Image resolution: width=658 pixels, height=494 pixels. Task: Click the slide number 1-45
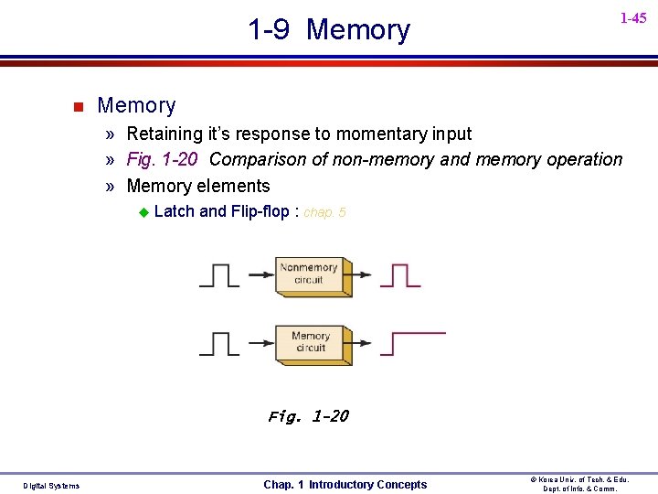pos(632,18)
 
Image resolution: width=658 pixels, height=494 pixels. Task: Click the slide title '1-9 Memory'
pos(329,29)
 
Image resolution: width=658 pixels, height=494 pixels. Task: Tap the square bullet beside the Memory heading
pos(78,107)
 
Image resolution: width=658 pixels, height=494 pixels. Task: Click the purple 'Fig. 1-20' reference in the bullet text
pos(162,159)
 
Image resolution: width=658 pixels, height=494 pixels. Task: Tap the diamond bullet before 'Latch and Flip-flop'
pos(143,212)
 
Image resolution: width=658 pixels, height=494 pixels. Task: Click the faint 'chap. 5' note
pos(324,212)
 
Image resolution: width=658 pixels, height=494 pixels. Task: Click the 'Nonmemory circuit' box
pos(310,274)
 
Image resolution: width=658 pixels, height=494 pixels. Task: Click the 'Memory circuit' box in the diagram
pos(311,342)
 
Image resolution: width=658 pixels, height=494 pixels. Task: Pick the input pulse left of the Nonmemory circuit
pos(218,274)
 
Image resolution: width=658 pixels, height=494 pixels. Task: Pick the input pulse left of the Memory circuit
pos(218,343)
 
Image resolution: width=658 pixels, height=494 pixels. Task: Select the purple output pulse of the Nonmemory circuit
pos(400,274)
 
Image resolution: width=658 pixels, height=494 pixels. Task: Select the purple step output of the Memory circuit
pos(413,342)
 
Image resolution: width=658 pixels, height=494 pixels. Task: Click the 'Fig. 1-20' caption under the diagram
pos(308,416)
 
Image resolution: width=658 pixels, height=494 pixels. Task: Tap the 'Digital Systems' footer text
pos(51,485)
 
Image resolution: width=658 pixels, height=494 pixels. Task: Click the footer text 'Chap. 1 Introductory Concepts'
pos(345,484)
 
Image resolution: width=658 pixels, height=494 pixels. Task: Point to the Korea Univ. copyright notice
pos(580,484)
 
